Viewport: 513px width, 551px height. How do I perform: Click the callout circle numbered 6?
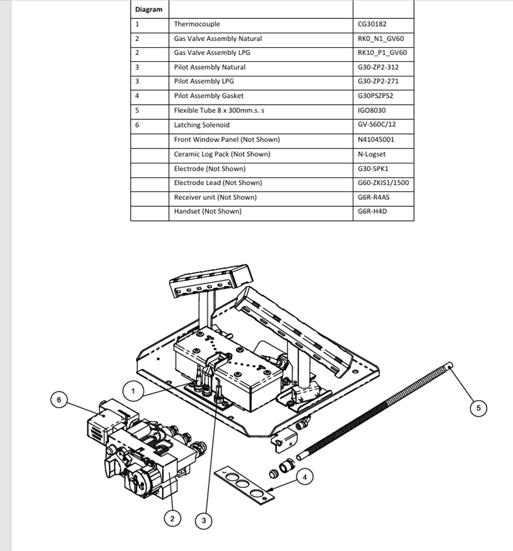pos(59,400)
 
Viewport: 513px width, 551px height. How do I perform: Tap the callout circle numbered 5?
pos(478,408)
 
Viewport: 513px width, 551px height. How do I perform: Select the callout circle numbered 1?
pos(133,391)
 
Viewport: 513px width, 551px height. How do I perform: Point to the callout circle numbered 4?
pos(305,477)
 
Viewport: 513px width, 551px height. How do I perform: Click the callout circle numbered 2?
pos(172,519)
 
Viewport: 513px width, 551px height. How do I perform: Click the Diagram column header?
pos(148,9)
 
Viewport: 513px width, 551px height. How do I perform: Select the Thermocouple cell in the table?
pos(197,24)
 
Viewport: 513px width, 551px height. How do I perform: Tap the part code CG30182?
pos(372,24)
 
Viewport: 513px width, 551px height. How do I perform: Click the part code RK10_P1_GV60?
pos(382,52)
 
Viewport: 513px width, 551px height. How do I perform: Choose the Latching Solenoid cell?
pos(201,125)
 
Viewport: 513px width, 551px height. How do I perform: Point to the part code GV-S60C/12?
pos(377,125)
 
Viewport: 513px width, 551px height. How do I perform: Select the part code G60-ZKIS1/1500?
pos(383,182)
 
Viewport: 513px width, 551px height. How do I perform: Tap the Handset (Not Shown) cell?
pos(208,211)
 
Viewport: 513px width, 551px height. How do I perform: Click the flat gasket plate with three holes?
pos(244,485)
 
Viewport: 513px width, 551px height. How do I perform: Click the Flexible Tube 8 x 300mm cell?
pos(219,110)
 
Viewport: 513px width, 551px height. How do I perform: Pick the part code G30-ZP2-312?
pos(377,67)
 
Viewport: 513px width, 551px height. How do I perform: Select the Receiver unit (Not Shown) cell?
pos(215,197)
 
